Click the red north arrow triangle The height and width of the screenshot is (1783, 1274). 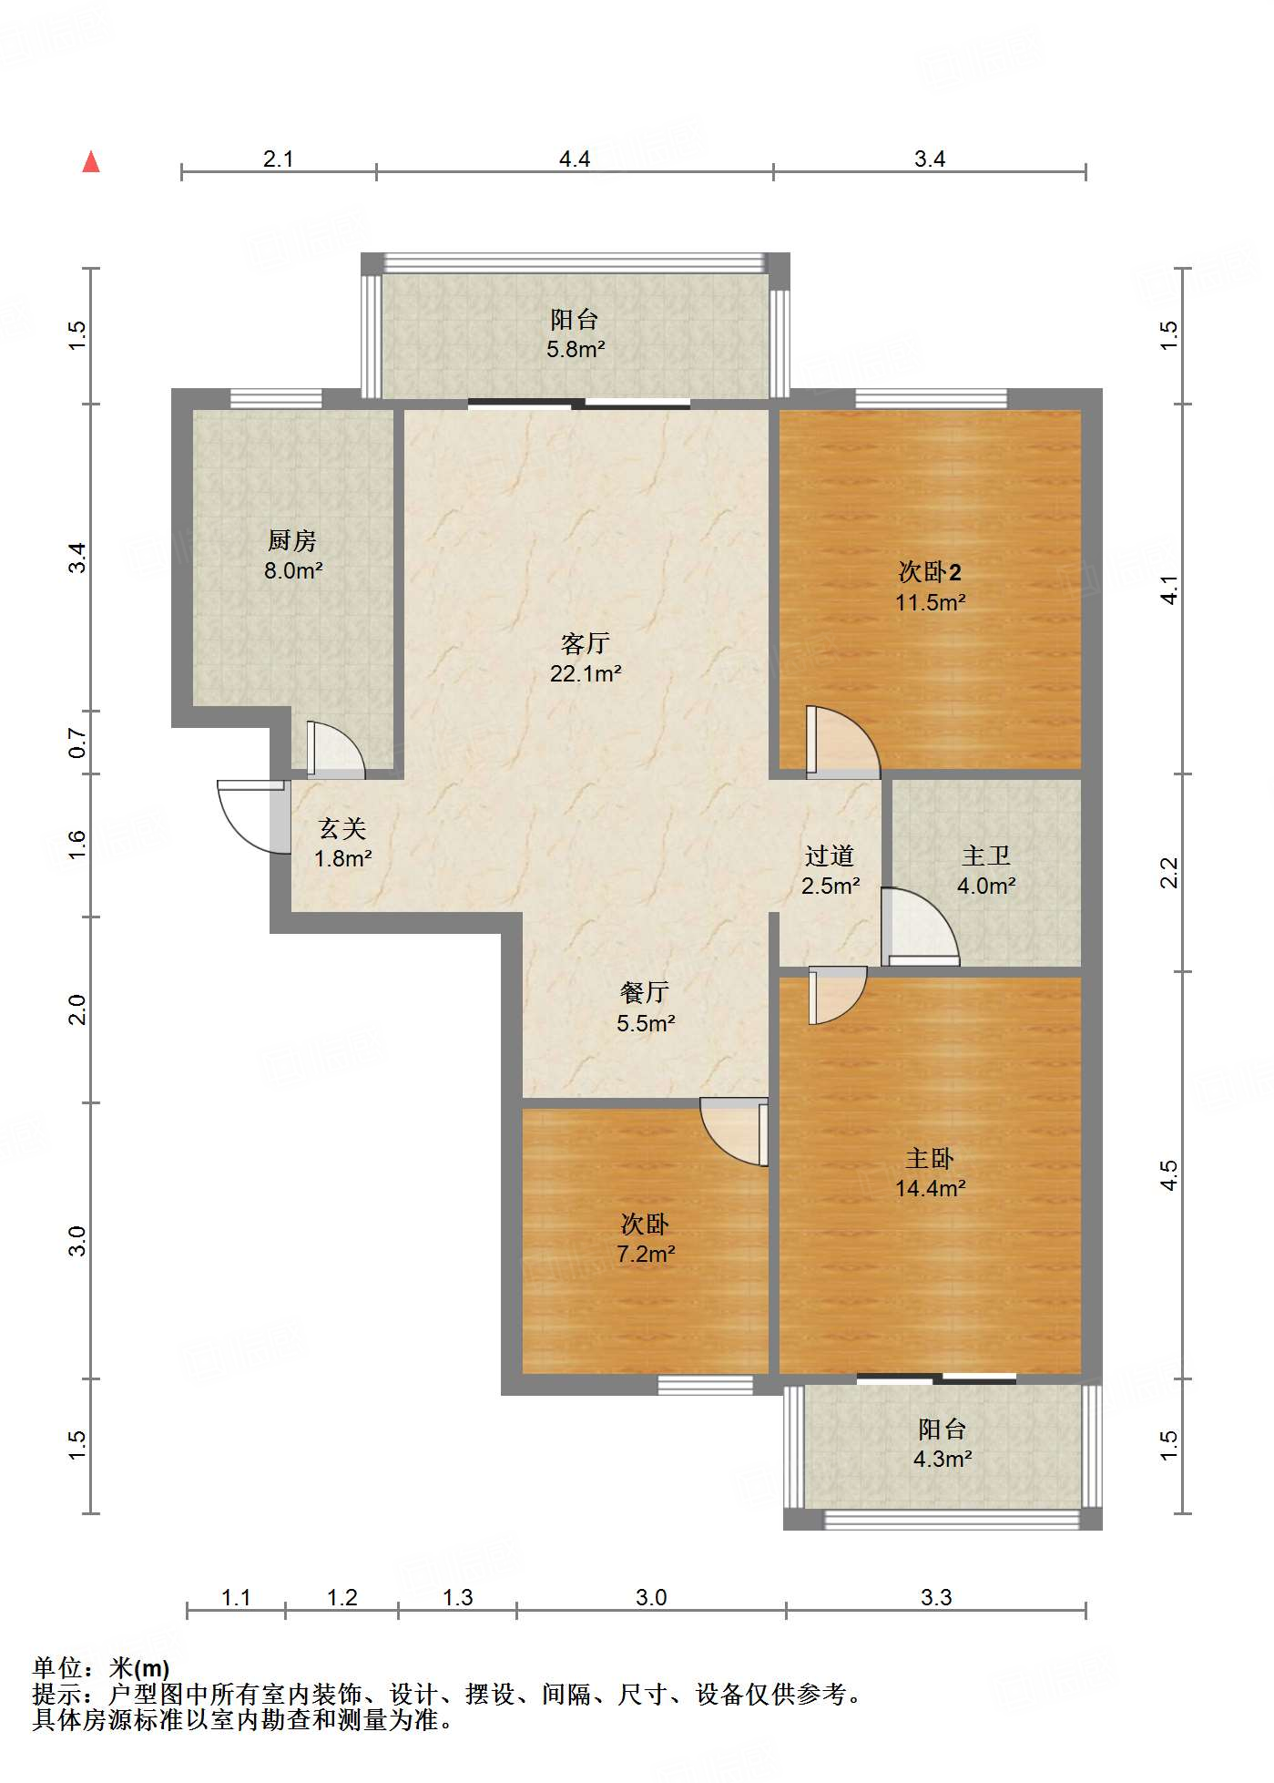coord(91,162)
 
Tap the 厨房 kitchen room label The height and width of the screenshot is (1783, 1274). coord(292,540)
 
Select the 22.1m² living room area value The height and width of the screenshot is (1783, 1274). coord(586,674)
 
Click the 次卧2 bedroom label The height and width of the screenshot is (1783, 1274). coord(930,572)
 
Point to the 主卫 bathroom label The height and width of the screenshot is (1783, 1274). coord(986,856)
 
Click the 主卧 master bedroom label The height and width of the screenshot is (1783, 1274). coord(930,1158)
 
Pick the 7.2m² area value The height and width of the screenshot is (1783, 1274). coord(646,1255)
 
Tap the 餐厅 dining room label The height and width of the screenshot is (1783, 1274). coord(645,992)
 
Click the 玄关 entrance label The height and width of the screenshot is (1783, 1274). coord(342,828)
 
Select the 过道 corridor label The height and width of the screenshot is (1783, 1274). coord(830,856)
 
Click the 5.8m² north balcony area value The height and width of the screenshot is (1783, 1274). coord(576,349)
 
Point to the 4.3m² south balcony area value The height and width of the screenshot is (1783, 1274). coord(943,1459)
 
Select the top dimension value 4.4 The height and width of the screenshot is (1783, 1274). coord(575,159)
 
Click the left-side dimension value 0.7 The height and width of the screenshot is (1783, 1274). coord(78,743)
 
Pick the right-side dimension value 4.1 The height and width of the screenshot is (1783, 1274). coord(1170,589)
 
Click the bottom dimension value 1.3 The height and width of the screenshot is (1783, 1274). coord(458,1597)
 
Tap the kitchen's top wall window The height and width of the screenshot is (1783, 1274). coord(276,398)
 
